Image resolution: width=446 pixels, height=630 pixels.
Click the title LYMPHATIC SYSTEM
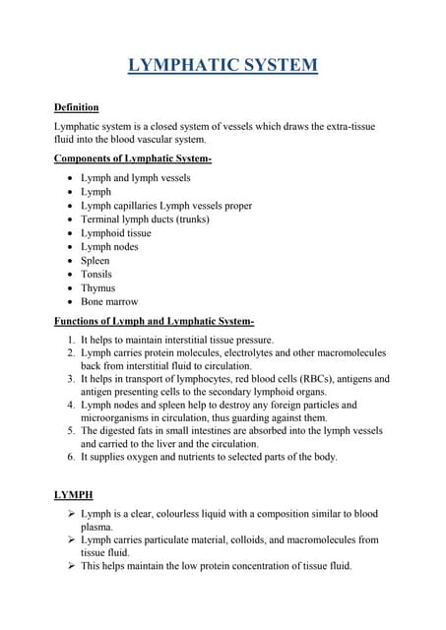(x=223, y=66)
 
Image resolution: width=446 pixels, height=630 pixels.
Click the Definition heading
(x=76, y=106)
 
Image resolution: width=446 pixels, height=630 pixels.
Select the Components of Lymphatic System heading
(x=133, y=158)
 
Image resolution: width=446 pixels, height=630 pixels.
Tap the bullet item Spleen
(x=96, y=261)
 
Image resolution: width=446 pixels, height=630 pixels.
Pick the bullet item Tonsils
(x=96, y=275)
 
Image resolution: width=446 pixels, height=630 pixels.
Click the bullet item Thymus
(x=97, y=288)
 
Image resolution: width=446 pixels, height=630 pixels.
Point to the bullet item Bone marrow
(x=109, y=302)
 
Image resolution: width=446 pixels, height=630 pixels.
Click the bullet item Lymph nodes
(x=109, y=247)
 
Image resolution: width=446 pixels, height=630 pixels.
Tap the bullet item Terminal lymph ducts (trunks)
(x=145, y=220)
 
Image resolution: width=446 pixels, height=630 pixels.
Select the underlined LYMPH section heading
(x=74, y=495)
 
